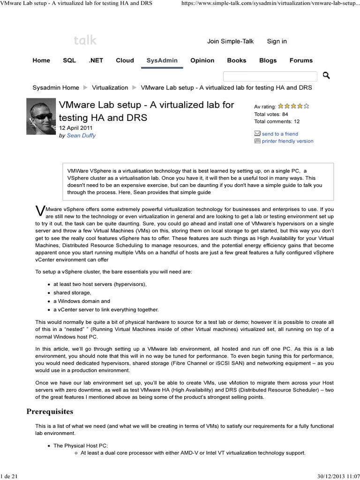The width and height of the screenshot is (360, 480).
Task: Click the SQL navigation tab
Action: click(x=69, y=60)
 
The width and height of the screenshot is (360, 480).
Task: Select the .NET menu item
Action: click(x=96, y=60)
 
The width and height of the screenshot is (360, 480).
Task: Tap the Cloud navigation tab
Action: click(x=125, y=60)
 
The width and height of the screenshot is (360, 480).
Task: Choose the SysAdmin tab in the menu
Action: click(x=162, y=60)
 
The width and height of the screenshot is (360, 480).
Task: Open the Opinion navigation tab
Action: click(x=202, y=60)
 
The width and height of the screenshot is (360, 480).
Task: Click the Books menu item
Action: click(x=236, y=60)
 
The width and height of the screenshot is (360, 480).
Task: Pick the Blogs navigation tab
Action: click(x=268, y=60)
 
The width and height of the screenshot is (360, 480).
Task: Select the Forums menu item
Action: click(x=301, y=60)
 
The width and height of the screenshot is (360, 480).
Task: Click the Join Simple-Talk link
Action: click(x=230, y=41)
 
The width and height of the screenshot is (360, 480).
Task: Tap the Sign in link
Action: click(x=277, y=41)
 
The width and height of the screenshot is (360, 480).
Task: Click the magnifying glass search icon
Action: click(x=326, y=75)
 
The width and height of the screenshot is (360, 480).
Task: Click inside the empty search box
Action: click(x=270, y=76)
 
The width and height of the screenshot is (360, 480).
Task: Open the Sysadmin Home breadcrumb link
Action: click(x=56, y=88)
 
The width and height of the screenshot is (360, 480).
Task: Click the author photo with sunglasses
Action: click(x=41, y=116)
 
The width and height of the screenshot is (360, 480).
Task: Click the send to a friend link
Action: click(x=280, y=134)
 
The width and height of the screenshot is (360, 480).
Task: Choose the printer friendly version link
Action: click(x=287, y=141)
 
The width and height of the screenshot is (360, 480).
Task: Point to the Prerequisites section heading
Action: click(x=49, y=412)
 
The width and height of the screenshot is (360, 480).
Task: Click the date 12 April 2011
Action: click(x=76, y=128)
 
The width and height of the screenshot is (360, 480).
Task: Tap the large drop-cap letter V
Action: click(x=40, y=211)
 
